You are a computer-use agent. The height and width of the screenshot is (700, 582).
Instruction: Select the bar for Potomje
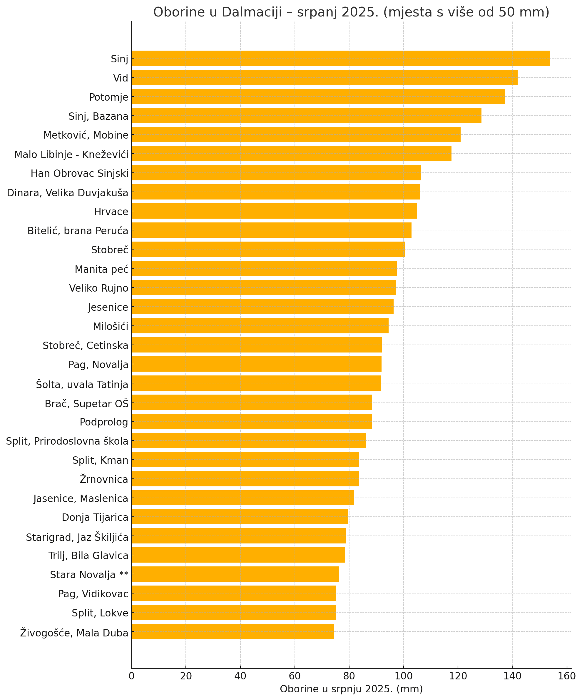pyautogui.click(x=318, y=97)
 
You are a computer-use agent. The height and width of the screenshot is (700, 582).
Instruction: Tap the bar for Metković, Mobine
pyautogui.click(x=296, y=135)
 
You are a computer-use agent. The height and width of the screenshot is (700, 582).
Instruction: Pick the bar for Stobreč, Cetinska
pyautogui.click(x=256, y=345)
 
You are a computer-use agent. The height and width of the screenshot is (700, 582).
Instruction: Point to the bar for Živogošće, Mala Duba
pyautogui.click(x=233, y=632)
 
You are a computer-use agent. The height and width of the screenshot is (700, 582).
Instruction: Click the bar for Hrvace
pyautogui.click(x=274, y=211)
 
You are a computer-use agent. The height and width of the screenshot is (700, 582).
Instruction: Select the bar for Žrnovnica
pyautogui.click(x=245, y=479)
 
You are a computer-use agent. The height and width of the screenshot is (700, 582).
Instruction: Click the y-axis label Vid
pyautogui.click(x=121, y=78)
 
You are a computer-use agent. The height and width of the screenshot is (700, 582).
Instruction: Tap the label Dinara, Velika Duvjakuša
pyautogui.click(x=68, y=193)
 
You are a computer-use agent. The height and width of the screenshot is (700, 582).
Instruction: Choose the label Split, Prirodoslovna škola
pyautogui.click(x=67, y=441)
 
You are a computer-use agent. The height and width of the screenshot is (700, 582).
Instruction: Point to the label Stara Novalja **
pyautogui.click(x=89, y=575)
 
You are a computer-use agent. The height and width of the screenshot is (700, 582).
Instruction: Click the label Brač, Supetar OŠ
pyautogui.click(x=87, y=403)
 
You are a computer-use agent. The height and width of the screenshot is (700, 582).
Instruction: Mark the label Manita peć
pyautogui.click(x=101, y=269)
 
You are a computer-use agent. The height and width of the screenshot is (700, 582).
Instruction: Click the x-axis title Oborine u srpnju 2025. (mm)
pyautogui.click(x=351, y=689)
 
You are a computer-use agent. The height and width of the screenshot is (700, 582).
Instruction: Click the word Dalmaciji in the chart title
pyautogui.click(x=252, y=12)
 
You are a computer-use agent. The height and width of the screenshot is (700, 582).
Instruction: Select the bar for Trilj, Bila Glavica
pyautogui.click(x=238, y=555)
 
